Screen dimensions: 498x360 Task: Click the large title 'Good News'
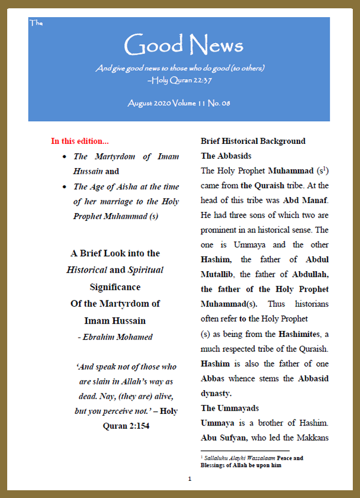[x=183, y=45]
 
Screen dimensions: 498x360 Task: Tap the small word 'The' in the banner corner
[x=35, y=23]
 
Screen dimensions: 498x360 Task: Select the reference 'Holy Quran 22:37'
[x=182, y=80]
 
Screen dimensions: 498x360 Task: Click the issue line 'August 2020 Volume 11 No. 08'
[x=179, y=103]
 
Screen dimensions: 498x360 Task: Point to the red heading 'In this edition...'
[x=79, y=141]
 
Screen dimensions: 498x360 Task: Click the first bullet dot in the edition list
[x=66, y=157]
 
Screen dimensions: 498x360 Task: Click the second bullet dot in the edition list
[x=66, y=187]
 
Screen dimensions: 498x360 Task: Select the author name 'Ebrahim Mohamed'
[x=117, y=337]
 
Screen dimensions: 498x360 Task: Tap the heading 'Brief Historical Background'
[x=253, y=141]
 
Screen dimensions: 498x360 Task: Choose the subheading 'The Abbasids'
[x=226, y=156]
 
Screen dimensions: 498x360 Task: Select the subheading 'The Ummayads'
[x=229, y=408]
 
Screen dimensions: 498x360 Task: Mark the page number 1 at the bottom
[x=189, y=479]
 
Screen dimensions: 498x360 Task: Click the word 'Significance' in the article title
[x=115, y=287]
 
